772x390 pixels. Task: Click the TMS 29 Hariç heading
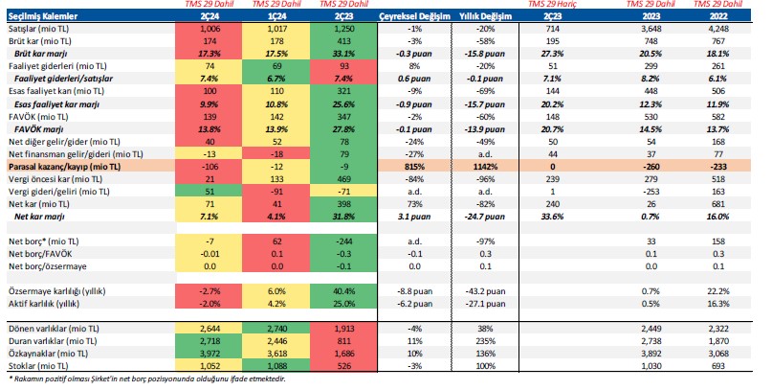click(x=558, y=6)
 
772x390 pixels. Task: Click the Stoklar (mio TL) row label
click(x=39, y=363)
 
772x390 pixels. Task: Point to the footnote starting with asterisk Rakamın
click(x=143, y=378)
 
